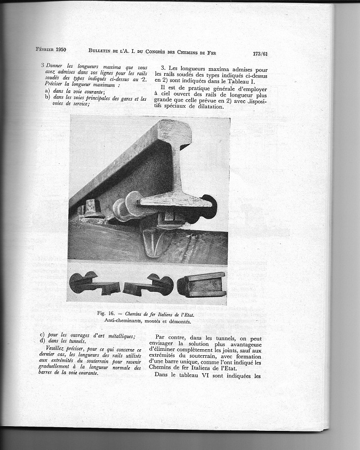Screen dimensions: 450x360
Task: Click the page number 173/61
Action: pos(260,54)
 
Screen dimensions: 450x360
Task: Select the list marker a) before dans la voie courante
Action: pos(48,92)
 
